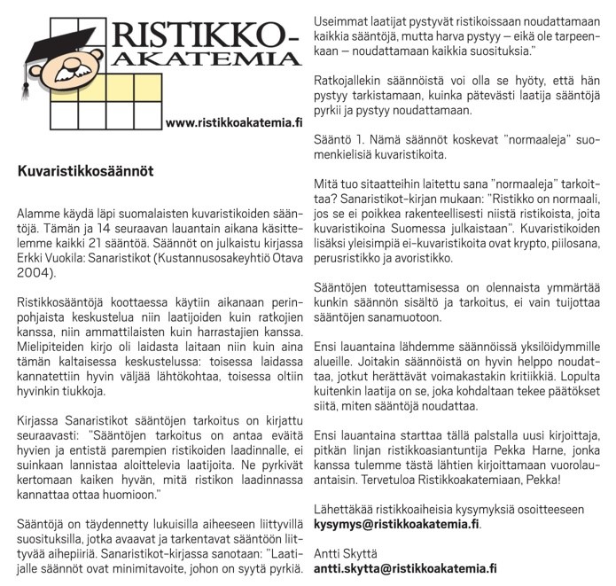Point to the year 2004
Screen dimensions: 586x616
pos(37,276)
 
